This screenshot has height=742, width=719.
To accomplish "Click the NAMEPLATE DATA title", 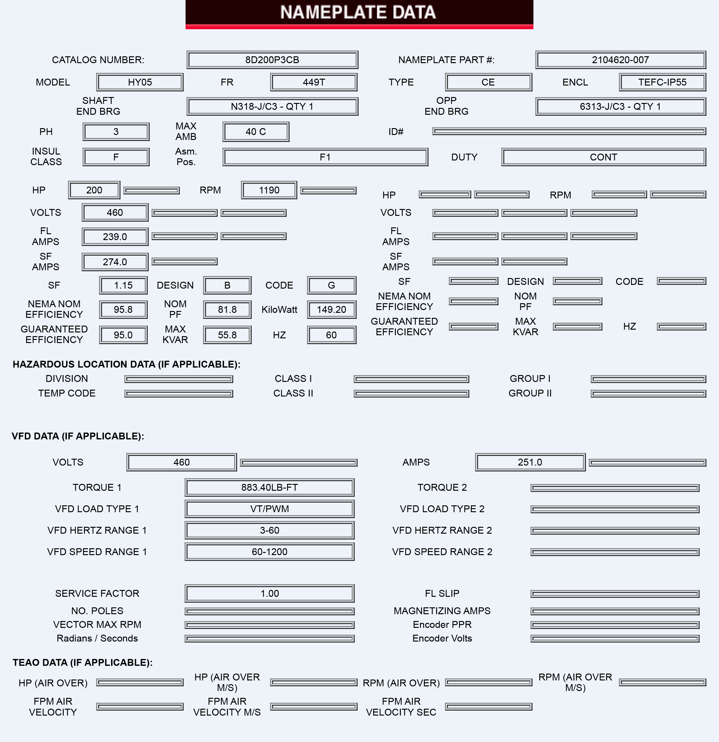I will tap(358, 12).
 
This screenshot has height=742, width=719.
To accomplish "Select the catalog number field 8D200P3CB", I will tap(272, 60).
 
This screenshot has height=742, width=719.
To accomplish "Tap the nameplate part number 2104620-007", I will tap(620, 60).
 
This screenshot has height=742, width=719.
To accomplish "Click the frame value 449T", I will tap(313, 82).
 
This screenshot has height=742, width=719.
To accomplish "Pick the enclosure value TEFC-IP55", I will tap(662, 82).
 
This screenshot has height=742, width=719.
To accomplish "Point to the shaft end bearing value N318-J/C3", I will tap(272, 106).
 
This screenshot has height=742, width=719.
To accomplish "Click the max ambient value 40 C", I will tap(256, 132).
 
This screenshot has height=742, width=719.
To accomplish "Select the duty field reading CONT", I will tap(604, 157).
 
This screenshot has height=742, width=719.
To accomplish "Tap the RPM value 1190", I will tap(269, 190).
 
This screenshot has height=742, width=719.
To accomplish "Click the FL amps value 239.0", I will tap(115, 237).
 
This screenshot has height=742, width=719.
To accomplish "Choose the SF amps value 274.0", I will tap(115, 262).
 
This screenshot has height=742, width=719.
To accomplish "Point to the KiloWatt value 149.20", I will tap(331, 310).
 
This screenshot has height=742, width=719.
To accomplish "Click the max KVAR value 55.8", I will tap(227, 335).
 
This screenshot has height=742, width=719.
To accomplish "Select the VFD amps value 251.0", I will tap(530, 462).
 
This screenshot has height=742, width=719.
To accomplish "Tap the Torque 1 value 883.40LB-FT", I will tap(270, 488).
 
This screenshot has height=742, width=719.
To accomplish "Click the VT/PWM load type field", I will tap(270, 509).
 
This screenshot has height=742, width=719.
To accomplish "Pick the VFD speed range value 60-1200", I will tap(270, 552).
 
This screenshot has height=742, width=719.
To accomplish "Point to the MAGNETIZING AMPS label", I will tap(442, 611).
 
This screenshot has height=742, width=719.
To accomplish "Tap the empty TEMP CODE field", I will tap(179, 394).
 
